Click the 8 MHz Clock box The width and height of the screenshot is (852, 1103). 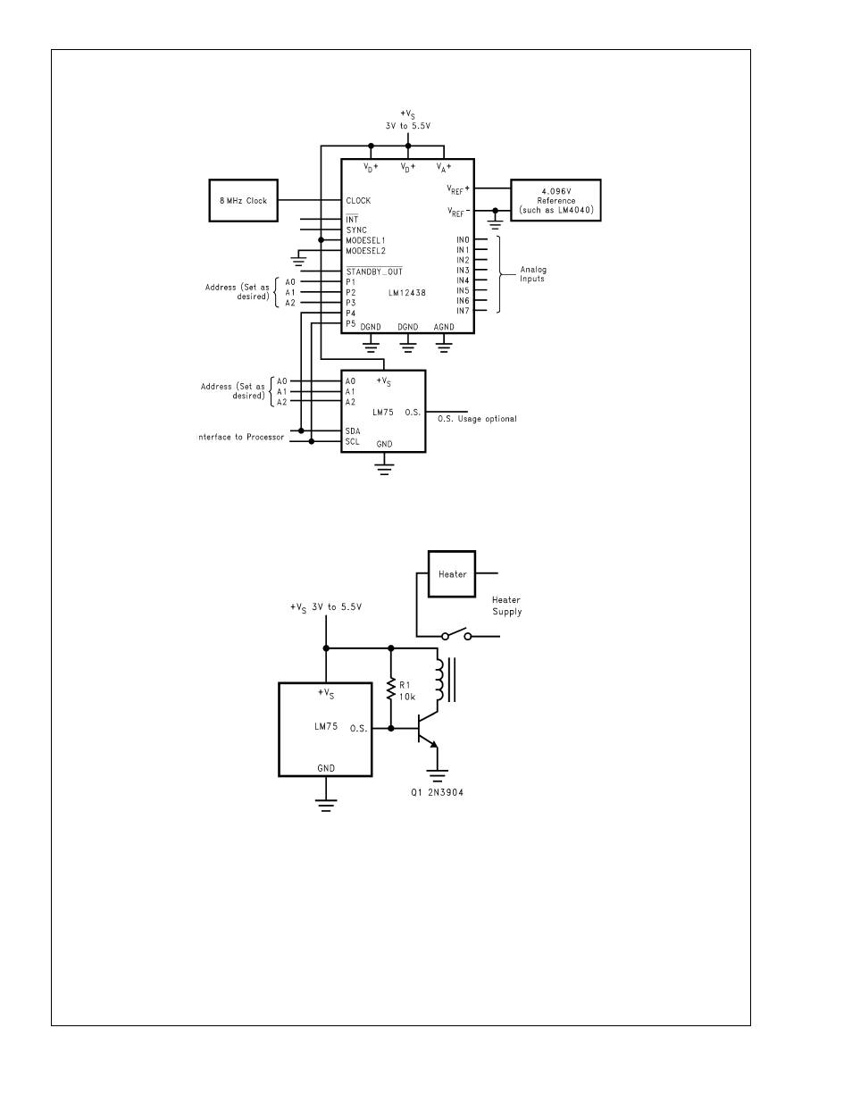coord(243,200)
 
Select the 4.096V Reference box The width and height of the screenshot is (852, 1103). coord(555,200)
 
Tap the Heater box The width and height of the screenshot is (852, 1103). coord(452,574)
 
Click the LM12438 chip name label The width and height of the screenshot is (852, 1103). coord(407,293)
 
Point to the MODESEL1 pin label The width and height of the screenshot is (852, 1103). coord(365,240)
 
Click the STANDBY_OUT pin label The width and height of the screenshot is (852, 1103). coord(374,271)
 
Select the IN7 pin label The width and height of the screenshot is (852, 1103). coord(463,311)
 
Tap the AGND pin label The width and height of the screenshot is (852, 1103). coord(444,327)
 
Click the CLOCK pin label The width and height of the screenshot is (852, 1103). coord(358,200)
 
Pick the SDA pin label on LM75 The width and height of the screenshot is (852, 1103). coord(353,431)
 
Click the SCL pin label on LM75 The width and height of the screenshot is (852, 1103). coord(352,441)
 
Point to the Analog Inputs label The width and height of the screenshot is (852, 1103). coord(533,274)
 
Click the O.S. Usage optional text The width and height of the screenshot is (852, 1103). coord(477,419)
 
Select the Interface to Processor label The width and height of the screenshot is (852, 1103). coord(240,437)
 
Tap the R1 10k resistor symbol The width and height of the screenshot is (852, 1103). coord(391,689)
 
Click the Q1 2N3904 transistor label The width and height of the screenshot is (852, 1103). coord(437,792)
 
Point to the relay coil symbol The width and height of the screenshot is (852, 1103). coord(439,680)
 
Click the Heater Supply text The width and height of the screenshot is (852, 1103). coord(506,606)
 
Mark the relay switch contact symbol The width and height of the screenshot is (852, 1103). coord(456,634)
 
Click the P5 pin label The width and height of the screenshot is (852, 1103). coord(351,323)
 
